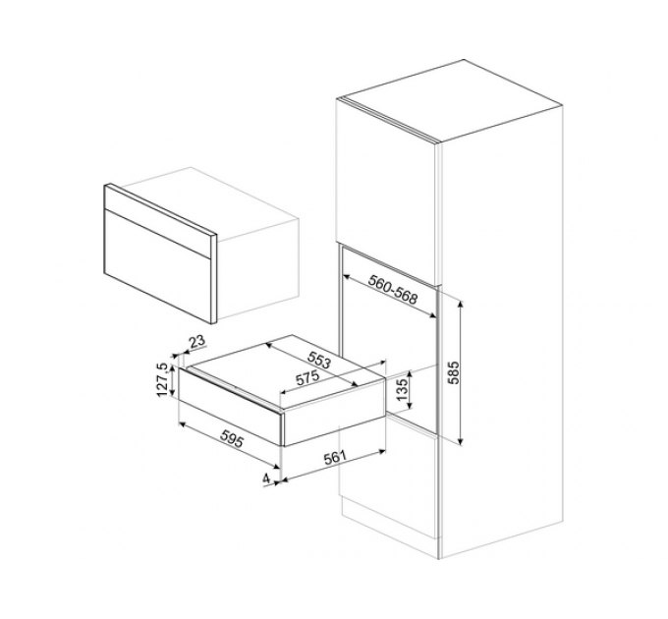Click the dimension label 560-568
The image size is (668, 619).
pos(393,289)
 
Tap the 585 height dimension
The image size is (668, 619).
pos(454,372)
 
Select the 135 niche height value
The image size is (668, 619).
pos(402,389)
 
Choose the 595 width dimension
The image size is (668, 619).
pos(232,438)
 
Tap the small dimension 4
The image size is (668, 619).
pos(266,478)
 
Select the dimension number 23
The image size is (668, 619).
pos(196,341)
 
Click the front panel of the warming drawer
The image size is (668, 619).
pos(229,407)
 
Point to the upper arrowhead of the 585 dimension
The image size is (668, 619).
pos(461,304)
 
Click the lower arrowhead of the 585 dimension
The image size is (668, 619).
pos(461,441)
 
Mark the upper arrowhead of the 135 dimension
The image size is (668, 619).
pos(410,373)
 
